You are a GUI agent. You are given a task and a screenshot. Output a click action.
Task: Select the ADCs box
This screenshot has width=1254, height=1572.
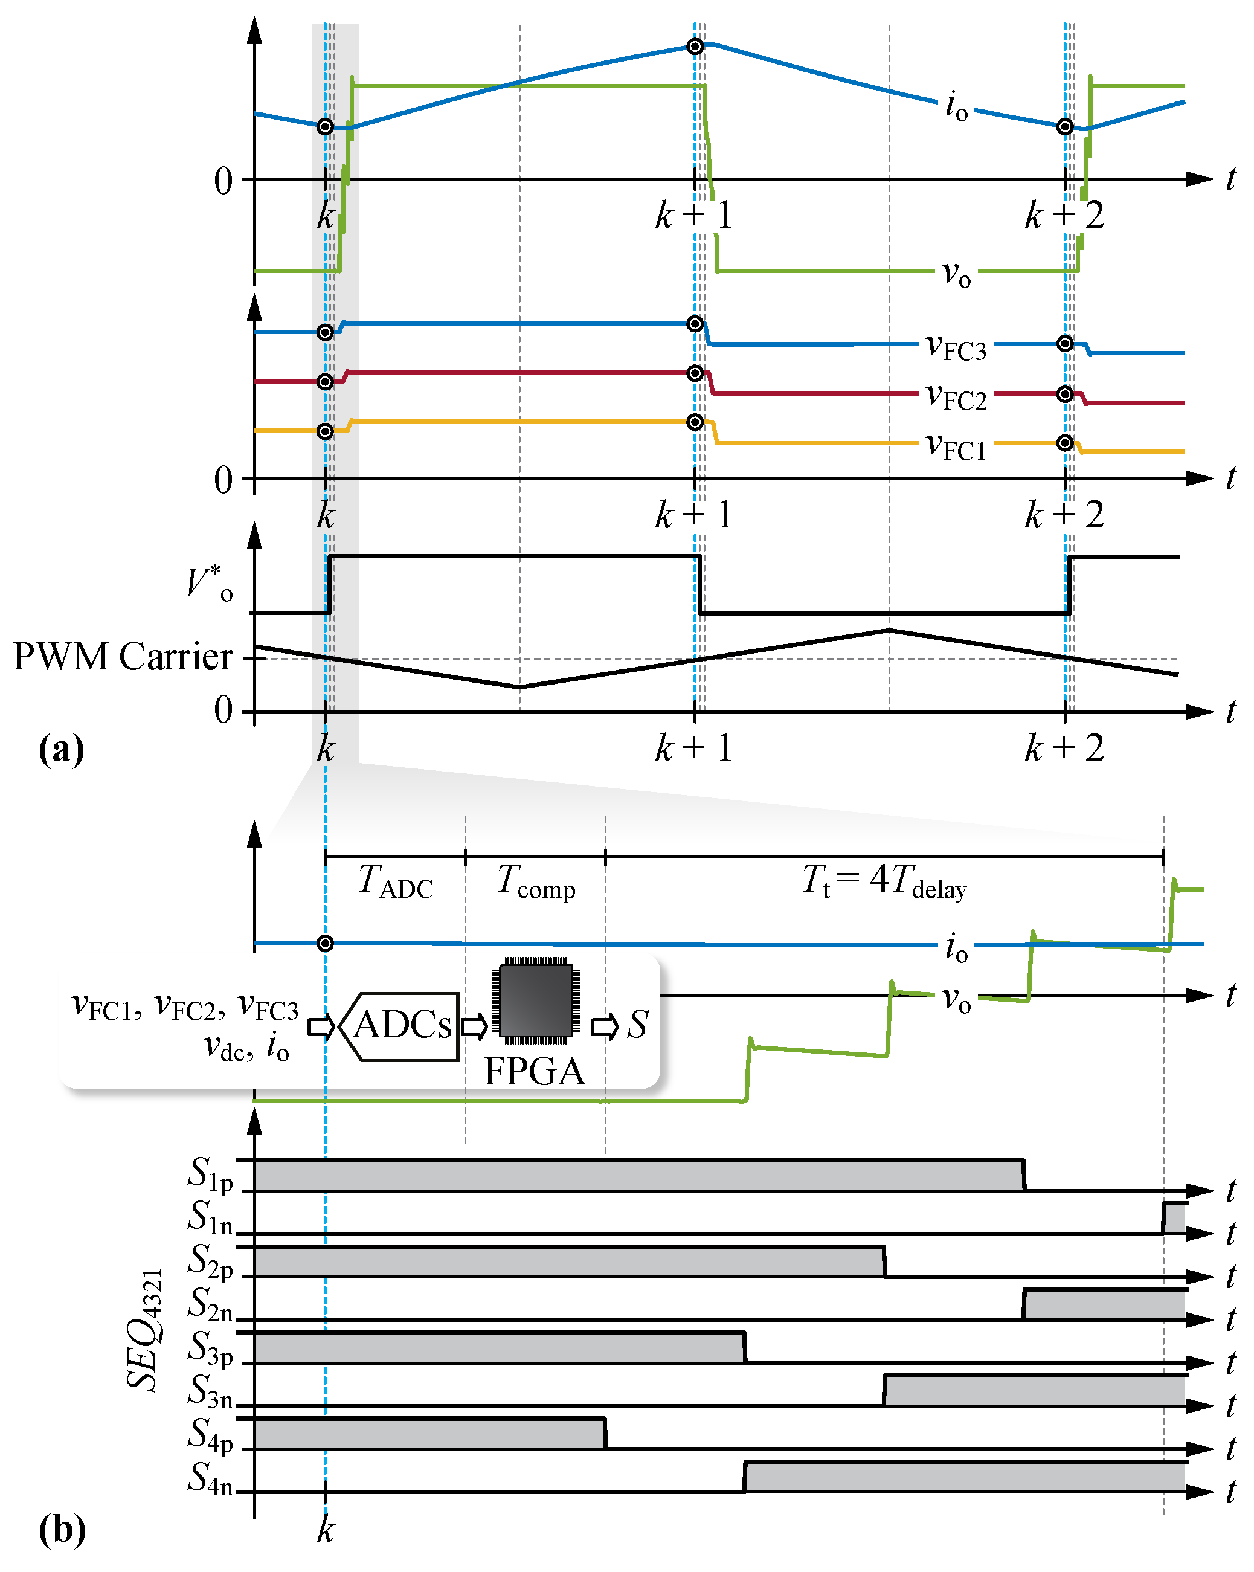pos(401,1025)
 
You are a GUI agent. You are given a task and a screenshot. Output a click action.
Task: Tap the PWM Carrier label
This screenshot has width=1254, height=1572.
pos(123,656)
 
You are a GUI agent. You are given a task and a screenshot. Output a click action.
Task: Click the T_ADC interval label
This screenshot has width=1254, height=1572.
pos(396,881)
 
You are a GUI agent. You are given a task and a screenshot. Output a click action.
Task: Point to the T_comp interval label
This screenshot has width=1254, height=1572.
pos(536,881)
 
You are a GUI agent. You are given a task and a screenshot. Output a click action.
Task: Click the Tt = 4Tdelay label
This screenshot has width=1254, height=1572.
pos(884,881)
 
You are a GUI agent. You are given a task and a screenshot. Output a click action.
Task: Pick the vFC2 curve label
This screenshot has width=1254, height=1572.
pos(956,398)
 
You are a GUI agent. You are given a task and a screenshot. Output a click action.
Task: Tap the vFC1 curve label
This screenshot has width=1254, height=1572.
pos(956,446)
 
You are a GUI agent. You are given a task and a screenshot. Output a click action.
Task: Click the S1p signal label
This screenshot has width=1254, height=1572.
pos(210,1175)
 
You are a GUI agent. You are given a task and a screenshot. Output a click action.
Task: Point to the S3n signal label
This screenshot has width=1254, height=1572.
pos(210,1393)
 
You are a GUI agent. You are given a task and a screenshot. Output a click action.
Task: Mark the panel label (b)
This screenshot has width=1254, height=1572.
pos(62,1530)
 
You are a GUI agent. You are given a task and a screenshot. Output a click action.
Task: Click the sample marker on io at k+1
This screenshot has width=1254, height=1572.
pos(695,47)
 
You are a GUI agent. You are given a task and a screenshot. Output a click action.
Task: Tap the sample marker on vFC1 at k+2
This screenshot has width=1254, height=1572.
pos(1064,443)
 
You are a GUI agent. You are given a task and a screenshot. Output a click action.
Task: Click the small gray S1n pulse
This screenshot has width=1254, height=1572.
pos(1173,1219)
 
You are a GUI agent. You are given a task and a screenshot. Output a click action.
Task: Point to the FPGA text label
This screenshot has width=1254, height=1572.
pos(535,1072)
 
